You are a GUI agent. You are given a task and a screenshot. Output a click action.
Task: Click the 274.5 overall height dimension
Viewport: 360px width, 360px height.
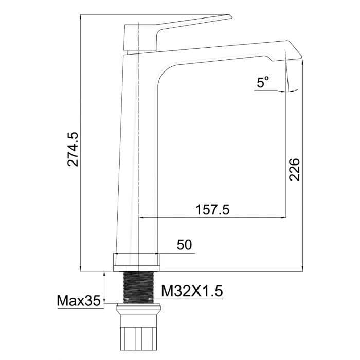(x=73, y=149)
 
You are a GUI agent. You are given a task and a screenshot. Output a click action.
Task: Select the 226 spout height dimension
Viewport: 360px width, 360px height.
(x=294, y=169)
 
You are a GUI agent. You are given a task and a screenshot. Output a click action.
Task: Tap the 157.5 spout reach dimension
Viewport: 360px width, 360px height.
(x=212, y=210)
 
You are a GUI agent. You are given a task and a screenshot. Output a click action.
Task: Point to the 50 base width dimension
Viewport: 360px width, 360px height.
(x=184, y=245)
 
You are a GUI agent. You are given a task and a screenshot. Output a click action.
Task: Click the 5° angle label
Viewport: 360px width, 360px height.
(x=263, y=82)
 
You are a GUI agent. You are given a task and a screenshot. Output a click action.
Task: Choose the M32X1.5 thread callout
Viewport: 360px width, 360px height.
(x=192, y=291)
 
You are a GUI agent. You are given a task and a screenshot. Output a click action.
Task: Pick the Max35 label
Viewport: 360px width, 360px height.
(x=79, y=301)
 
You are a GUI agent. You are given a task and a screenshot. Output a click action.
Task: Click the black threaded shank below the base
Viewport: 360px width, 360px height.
(x=139, y=287)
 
